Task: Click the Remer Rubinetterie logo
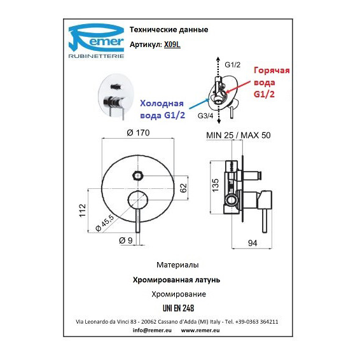click(x=97, y=41)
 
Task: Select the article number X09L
click(x=172, y=45)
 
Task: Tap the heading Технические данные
click(x=169, y=30)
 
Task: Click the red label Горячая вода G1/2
click(x=272, y=82)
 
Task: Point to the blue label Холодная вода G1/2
click(x=163, y=109)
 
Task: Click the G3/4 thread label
click(x=205, y=116)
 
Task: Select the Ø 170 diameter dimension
click(x=138, y=133)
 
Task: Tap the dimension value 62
click(x=183, y=188)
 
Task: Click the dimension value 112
click(x=82, y=211)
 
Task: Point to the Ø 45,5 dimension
click(x=104, y=223)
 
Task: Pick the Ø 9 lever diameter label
click(x=126, y=240)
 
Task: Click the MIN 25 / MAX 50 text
click(x=239, y=135)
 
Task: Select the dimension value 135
click(x=216, y=186)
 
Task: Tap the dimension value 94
click(x=253, y=243)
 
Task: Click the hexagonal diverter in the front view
click(x=138, y=176)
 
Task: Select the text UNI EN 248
click(x=178, y=308)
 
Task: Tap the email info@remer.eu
click(x=152, y=330)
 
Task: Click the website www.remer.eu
click(x=200, y=330)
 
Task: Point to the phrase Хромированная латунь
click(x=176, y=280)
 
